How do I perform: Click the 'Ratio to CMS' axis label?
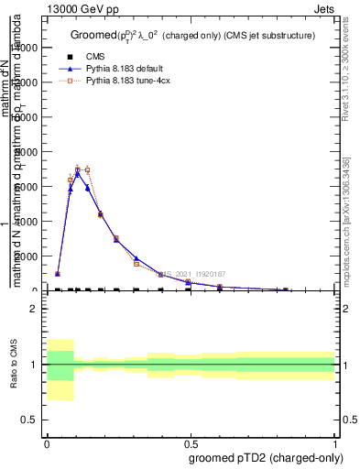(x=15, y=365)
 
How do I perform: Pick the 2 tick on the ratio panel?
(x=34, y=310)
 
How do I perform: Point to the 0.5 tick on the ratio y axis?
(x=30, y=420)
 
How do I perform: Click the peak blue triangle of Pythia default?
(x=78, y=171)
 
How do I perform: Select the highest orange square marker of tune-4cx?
(x=78, y=169)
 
